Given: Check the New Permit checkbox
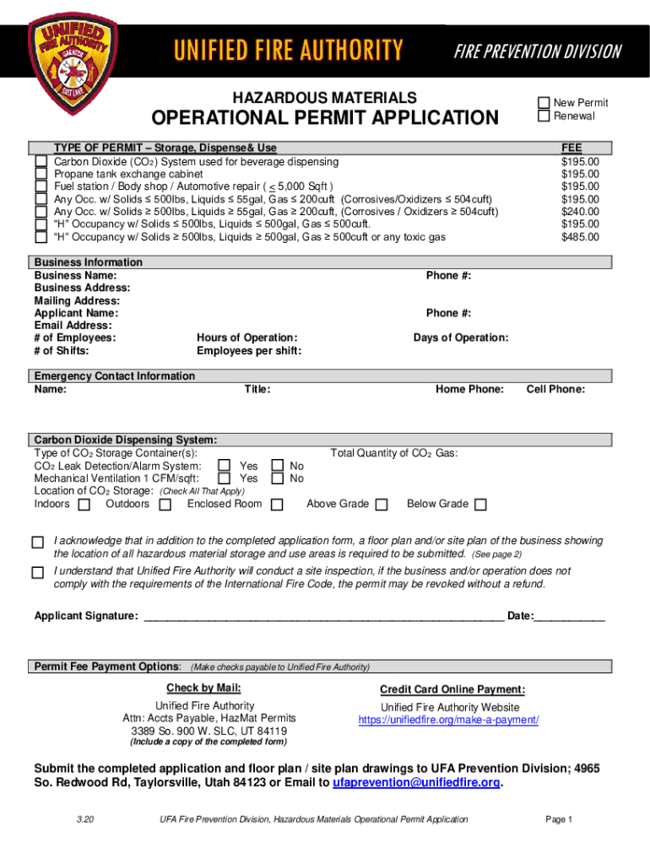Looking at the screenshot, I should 544,103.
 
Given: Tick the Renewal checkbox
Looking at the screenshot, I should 544,116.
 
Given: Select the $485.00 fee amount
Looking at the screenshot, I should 580,237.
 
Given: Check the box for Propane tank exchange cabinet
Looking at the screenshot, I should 41,175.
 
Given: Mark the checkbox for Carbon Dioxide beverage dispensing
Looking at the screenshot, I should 41,161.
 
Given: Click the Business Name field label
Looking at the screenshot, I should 75,276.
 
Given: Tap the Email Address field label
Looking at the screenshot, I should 73,326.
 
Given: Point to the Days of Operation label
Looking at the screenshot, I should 460,338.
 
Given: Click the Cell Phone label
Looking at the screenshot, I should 555,389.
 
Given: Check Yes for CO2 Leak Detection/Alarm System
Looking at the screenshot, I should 224,465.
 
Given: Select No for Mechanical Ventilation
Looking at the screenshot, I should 278,478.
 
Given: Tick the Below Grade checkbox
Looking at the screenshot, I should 480,505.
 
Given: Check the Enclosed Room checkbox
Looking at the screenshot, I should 277,505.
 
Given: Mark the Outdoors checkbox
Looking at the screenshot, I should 165,505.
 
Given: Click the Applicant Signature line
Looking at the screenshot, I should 324,616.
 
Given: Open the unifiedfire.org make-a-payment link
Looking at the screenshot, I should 448,720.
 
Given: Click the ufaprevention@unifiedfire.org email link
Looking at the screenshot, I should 416,782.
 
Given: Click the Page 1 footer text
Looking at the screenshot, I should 559,819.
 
